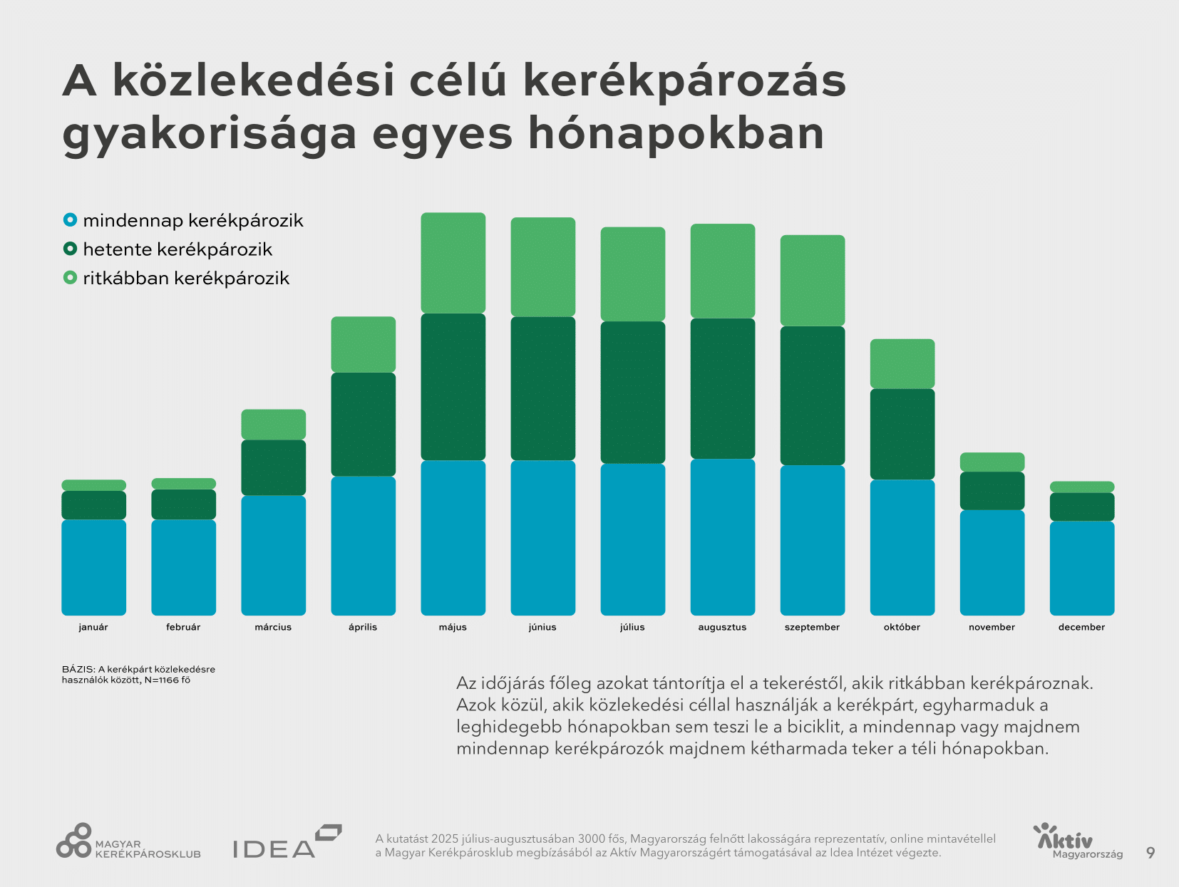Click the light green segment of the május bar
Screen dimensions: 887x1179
pos(453,262)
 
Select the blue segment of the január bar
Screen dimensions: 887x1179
pos(93,567)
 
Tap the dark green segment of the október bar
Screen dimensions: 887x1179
pos(902,434)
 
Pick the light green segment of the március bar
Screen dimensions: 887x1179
pos(273,424)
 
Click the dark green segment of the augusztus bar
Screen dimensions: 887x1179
pos(722,388)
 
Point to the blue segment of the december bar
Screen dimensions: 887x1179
pos(1081,568)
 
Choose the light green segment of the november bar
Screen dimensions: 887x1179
pos(992,462)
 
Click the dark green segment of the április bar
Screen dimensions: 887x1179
pos(363,424)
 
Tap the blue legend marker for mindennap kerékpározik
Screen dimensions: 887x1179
pos(70,220)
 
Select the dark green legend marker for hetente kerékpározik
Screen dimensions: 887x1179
pos(70,249)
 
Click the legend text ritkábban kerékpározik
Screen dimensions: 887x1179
pos(186,278)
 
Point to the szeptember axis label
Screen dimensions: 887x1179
pos(812,627)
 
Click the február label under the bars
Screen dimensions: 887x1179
pos(183,627)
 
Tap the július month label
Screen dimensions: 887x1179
pos(632,627)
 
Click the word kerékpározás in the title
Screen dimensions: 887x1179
pos(684,80)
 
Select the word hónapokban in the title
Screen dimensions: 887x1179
pos(676,133)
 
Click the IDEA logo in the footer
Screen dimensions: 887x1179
pos(287,843)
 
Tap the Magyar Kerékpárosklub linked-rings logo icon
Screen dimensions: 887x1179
pos(74,841)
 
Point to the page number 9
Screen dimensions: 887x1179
pos(1150,852)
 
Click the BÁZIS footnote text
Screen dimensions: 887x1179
pos(138,674)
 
